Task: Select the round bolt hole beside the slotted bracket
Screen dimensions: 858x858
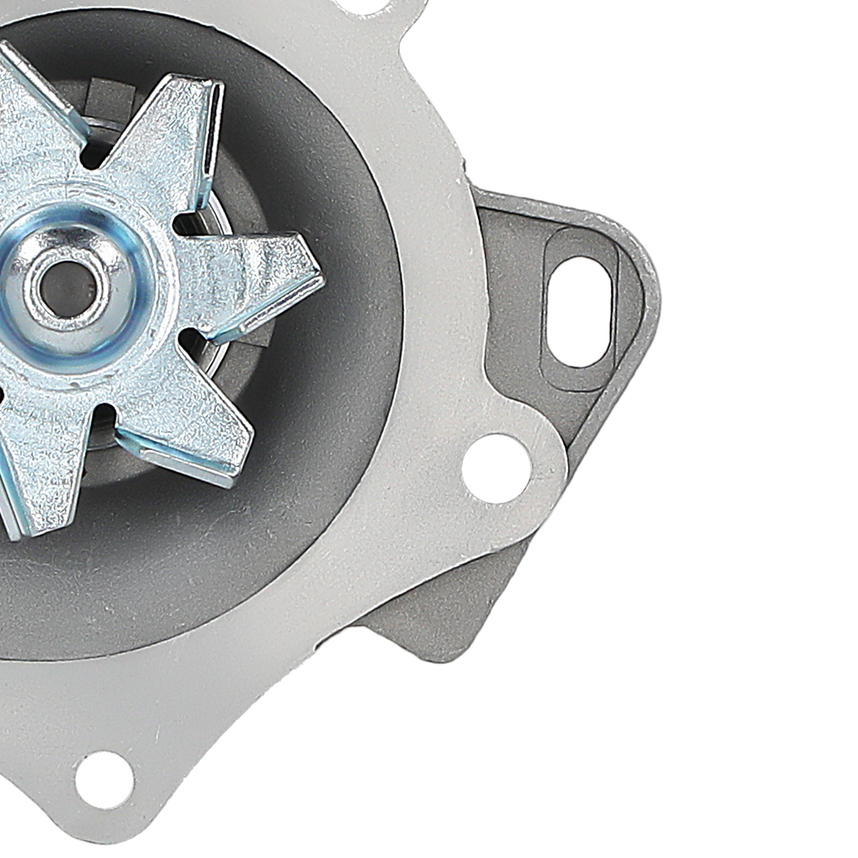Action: (496, 468)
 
